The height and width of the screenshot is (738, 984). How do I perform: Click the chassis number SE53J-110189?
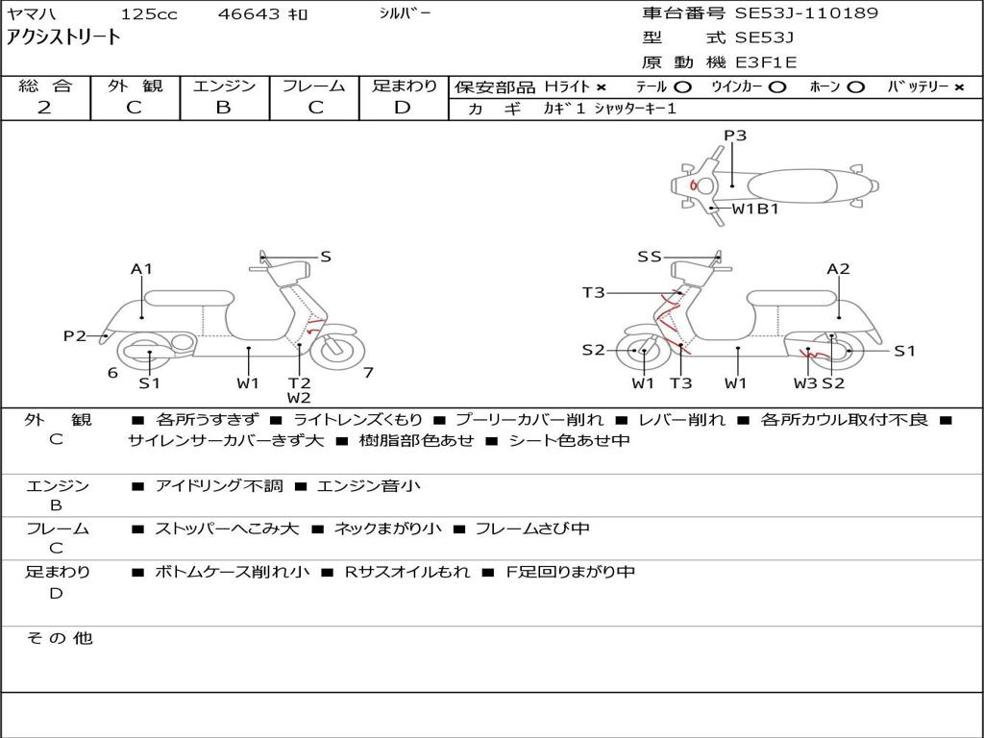806,12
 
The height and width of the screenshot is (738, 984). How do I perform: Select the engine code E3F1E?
766,62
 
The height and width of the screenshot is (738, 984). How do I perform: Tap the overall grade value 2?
44,108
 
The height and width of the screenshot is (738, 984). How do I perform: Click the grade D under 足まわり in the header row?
403,108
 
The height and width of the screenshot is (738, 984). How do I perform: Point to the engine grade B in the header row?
223,108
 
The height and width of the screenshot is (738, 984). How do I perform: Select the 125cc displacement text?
149,13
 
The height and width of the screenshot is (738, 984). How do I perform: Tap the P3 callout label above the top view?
735,135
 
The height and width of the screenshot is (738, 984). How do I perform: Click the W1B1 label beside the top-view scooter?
755,209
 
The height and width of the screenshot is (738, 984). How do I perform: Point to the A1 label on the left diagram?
141,269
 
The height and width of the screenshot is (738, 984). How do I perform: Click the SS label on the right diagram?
650,257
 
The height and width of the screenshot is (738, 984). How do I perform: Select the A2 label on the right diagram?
838,269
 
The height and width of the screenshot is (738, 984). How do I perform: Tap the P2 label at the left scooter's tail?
75,335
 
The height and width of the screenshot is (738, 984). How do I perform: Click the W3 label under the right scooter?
805,382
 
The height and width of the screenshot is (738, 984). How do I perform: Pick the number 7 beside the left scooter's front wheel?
368,373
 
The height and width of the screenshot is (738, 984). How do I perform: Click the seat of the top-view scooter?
792,186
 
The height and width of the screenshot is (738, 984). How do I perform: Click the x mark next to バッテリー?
959,87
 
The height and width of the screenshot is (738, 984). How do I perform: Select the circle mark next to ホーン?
855,87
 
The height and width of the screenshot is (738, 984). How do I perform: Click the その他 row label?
60,638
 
